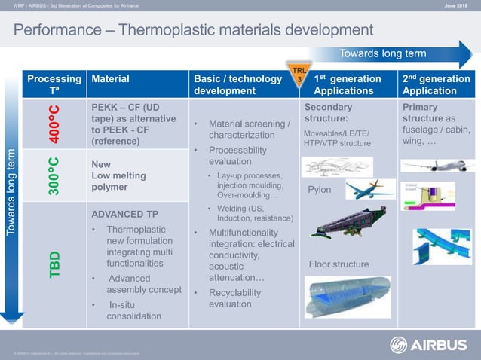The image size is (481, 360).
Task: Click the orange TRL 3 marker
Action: point(299,75)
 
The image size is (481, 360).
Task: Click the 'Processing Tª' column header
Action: point(54,84)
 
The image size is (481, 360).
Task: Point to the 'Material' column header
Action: point(110,78)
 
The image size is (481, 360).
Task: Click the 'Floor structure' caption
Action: point(339,264)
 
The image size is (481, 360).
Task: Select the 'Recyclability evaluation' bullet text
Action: point(230,298)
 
